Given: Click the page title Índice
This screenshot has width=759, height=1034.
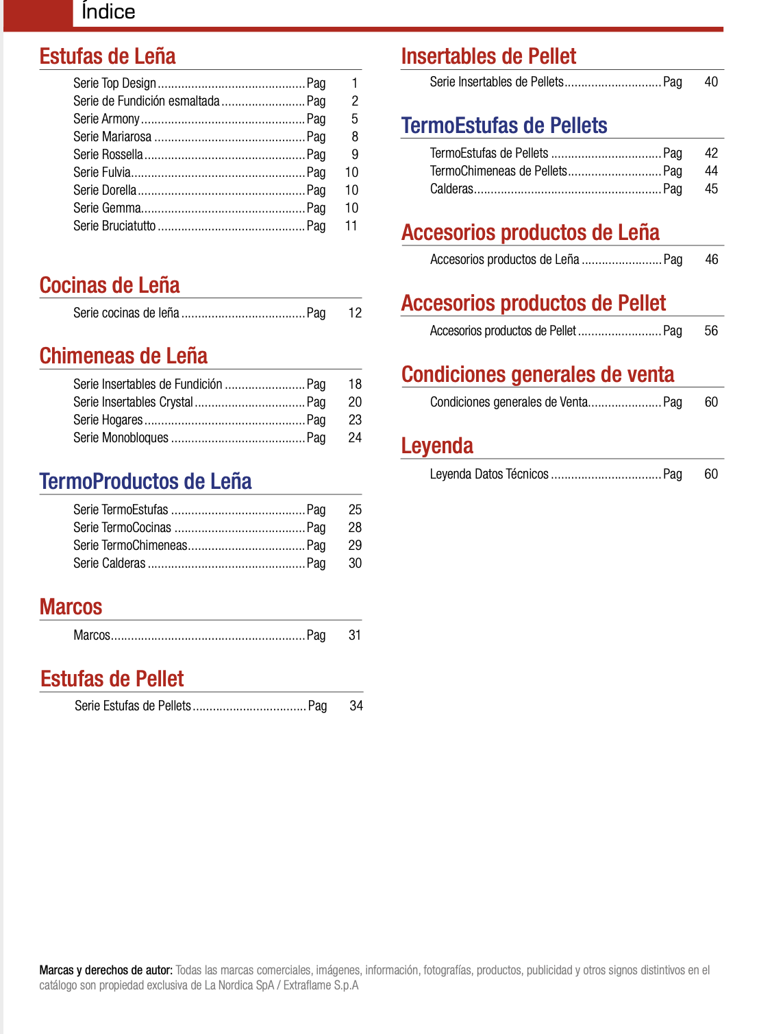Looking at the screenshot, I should coord(108,12).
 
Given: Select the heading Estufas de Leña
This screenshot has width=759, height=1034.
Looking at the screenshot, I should coord(108,56).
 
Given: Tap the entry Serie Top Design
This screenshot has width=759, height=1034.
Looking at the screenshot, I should coord(114,83).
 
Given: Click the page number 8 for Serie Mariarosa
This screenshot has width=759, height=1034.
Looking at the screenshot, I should coord(355,136).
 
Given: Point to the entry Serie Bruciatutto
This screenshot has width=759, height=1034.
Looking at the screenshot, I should coord(114,226).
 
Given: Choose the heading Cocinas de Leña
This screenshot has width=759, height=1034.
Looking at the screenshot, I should coord(110,285).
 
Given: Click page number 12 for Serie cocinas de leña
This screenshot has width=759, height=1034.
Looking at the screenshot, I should coord(355,313).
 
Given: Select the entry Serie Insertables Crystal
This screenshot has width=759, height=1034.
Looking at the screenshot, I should coord(133,402).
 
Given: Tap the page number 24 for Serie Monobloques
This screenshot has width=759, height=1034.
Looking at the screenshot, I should coord(355,437).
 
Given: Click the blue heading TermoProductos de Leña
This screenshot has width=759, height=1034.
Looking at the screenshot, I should coord(145,481).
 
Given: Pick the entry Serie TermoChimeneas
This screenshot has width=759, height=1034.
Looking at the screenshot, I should coord(130,545).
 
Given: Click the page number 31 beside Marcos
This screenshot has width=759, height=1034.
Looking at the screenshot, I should coord(355,635).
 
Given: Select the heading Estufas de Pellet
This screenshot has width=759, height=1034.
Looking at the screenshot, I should coord(112,679).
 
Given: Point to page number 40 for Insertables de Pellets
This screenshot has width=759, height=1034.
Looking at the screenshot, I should coord(711,82).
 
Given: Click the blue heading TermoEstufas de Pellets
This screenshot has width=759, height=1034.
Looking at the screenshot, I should coord(504,125).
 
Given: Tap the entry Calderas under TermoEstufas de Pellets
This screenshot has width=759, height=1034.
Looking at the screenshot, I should coord(451,189).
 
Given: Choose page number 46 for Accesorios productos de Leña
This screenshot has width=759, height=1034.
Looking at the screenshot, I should coord(712,259).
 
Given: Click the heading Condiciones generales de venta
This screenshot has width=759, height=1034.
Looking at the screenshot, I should coord(538,374).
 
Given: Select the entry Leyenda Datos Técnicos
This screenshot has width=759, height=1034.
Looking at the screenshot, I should coord(489,474).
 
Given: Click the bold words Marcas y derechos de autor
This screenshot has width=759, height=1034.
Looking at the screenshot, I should coord(105,970).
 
